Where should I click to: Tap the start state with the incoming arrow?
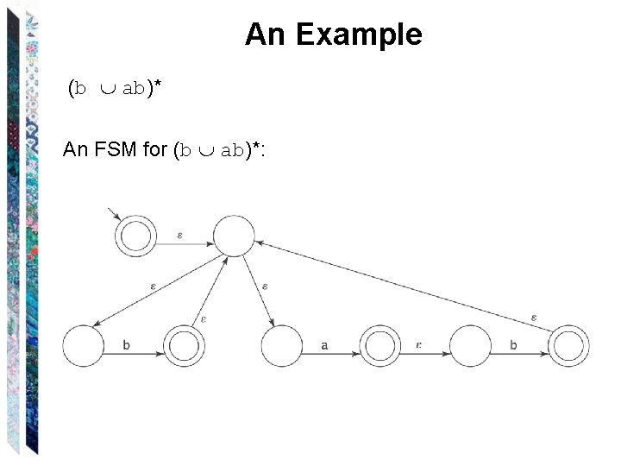click(135, 236)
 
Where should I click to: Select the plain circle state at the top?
click(233, 236)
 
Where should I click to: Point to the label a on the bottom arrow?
click(324, 345)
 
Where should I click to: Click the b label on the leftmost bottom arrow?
click(126, 344)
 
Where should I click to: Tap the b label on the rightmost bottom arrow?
click(513, 344)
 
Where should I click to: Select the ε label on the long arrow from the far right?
click(534, 318)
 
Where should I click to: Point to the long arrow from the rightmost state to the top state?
click(405, 286)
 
